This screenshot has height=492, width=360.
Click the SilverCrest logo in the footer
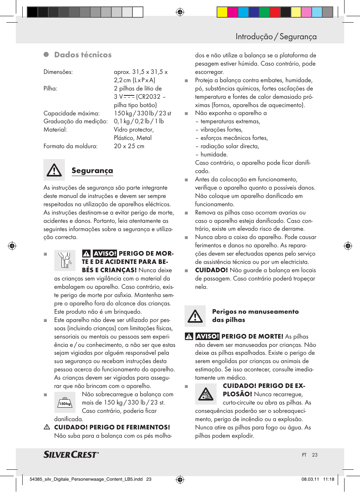[x=71, y=454]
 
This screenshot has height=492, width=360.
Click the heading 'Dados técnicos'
[x=83, y=55]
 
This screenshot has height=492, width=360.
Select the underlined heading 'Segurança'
[x=92, y=170]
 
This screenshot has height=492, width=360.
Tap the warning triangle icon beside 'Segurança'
[x=54, y=170]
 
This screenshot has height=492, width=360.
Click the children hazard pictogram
[x=65, y=260]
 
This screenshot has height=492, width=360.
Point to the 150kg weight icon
[x=65, y=402]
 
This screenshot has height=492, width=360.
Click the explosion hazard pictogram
[x=206, y=394]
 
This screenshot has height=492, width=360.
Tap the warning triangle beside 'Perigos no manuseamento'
[x=195, y=316]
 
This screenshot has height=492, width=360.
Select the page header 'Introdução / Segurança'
[x=276, y=37]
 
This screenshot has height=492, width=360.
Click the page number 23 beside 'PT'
[x=315, y=455]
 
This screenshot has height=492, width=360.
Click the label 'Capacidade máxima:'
[x=71, y=113]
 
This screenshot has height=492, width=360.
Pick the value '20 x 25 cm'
[x=129, y=146]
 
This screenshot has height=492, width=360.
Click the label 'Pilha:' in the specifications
[x=50, y=89]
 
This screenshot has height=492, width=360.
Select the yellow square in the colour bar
[x=222, y=12]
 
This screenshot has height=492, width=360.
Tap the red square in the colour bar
[x=275, y=12]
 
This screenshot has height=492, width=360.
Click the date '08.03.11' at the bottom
[x=310, y=479]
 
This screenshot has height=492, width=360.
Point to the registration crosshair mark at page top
[x=180, y=12]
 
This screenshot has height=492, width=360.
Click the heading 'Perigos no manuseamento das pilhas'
[x=255, y=316]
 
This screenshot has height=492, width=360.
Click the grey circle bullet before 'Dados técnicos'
[x=46, y=55]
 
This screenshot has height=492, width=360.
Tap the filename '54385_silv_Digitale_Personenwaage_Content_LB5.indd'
[x=86, y=479]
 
